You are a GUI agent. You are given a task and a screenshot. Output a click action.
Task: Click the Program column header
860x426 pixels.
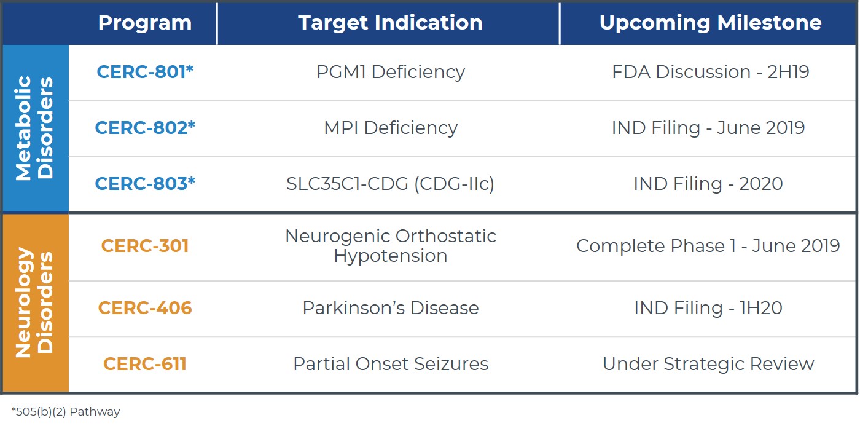144,23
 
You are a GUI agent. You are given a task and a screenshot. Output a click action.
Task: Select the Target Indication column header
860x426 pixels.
390,23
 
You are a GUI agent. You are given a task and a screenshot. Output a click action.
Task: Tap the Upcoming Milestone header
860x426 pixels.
710,23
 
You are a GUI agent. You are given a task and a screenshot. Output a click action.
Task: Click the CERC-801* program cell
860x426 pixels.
145,72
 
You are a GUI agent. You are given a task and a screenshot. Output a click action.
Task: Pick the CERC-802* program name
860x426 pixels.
145,128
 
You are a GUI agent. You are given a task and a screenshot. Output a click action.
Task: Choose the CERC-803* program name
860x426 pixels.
145,184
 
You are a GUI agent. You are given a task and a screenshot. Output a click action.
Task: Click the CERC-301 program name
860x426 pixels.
145,246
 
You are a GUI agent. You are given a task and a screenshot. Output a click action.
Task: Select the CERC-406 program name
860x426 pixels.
145,308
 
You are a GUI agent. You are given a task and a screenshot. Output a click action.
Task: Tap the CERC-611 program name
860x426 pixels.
145,364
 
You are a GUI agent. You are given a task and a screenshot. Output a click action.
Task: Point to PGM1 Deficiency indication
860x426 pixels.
390,72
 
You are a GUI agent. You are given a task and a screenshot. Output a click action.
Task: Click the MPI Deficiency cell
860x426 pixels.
390,128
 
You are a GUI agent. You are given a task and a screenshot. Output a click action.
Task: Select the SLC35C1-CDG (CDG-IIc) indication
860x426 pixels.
390,184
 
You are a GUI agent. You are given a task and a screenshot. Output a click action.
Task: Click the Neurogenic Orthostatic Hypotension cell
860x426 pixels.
390,246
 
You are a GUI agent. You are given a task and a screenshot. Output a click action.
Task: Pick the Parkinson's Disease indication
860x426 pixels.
390,308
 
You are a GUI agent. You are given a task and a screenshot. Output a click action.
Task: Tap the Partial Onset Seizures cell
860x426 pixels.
390,364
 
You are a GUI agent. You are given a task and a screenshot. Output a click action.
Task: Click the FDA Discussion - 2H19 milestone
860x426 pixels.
710,72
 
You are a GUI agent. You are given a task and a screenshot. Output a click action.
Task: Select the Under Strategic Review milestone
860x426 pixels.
708,364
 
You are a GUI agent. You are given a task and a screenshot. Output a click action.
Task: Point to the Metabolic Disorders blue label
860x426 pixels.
35,128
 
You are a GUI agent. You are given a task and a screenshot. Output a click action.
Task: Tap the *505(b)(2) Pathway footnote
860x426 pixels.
66,412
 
